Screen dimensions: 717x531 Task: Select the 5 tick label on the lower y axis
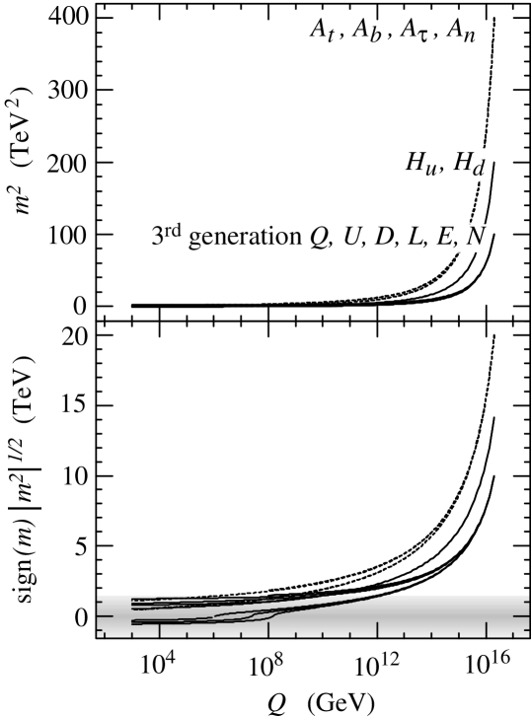click(x=80, y=546)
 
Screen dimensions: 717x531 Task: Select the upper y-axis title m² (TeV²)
click(x=22, y=163)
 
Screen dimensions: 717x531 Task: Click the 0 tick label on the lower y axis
click(x=80, y=616)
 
